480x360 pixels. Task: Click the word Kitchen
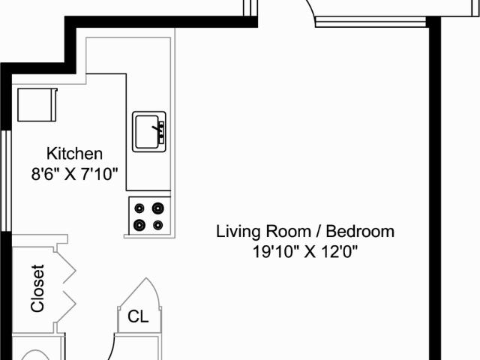tap(74, 154)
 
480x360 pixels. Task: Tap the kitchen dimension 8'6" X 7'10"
tap(74, 175)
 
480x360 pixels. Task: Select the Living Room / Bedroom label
tap(305, 232)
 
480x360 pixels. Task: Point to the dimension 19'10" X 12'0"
tap(305, 252)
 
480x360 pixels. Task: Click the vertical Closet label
tap(38, 288)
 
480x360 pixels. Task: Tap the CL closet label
tap(138, 316)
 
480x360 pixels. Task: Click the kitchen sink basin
tap(147, 132)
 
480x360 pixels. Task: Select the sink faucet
tap(159, 128)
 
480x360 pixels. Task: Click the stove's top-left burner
tap(139, 208)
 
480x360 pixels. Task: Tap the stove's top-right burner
tap(158, 208)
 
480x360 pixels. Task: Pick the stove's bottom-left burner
tap(139, 225)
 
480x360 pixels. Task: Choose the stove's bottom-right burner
tap(158, 225)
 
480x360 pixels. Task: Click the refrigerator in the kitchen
tap(37, 105)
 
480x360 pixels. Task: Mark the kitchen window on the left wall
tap(6, 181)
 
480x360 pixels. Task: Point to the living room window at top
tap(370, 22)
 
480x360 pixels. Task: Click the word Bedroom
tap(360, 232)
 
